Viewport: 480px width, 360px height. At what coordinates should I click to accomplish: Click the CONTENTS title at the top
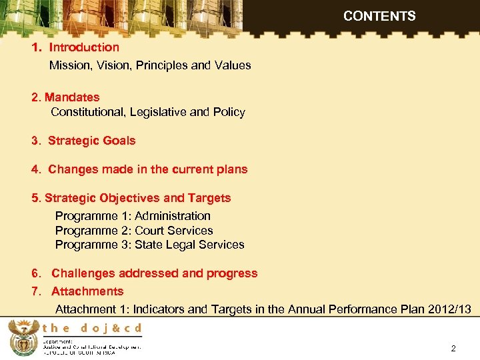click(379, 16)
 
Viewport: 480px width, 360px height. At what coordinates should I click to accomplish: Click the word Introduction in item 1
click(84, 47)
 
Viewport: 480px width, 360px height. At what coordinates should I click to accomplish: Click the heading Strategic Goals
click(91, 141)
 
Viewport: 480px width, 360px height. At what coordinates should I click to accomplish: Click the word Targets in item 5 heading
click(209, 198)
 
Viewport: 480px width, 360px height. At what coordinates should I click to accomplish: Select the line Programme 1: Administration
click(133, 216)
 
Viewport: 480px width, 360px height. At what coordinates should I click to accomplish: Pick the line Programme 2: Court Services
click(134, 231)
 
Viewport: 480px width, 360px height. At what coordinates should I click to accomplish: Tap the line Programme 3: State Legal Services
click(149, 245)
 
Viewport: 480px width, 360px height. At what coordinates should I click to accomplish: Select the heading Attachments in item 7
click(87, 291)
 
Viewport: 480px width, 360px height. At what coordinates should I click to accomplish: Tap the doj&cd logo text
click(92, 328)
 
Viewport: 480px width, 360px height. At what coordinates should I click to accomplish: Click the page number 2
click(453, 349)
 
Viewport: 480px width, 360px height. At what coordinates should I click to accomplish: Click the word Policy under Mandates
click(229, 112)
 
